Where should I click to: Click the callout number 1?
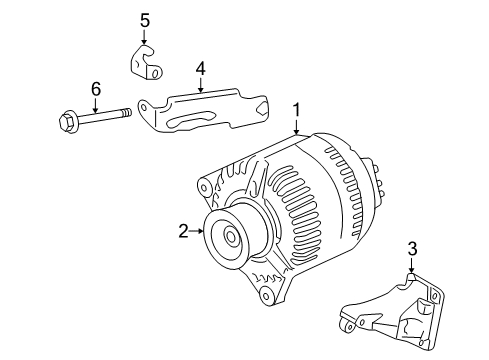pyautogui.click(x=296, y=108)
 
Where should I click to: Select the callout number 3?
pyautogui.click(x=410, y=249)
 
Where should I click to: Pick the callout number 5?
pyautogui.click(x=144, y=19)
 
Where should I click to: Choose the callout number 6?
pyautogui.click(x=96, y=90)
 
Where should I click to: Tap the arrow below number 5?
pyautogui.click(x=144, y=38)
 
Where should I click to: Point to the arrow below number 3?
pyautogui.click(x=410, y=266)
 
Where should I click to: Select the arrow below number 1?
pyautogui.click(x=296, y=125)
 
